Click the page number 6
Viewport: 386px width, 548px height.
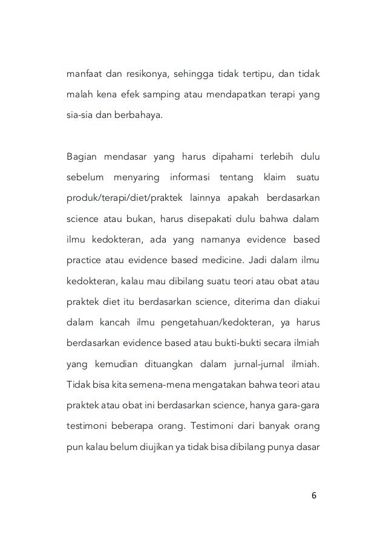[313, 495]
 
